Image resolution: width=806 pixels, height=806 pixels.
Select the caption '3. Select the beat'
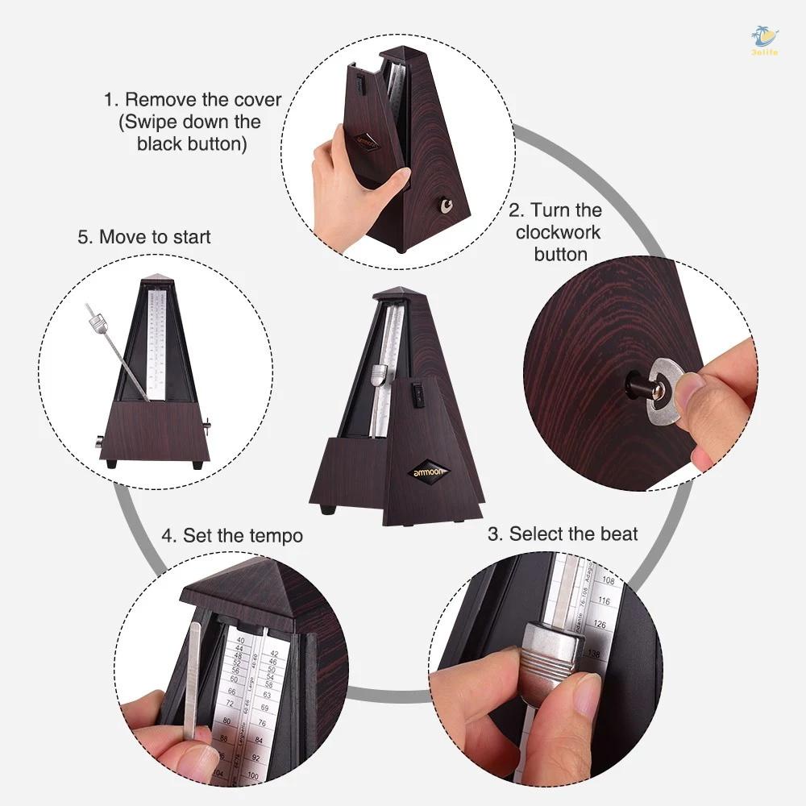(563, 534)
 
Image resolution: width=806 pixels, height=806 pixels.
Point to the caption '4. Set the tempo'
(232, 535)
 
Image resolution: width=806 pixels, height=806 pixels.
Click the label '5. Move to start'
(144, 237)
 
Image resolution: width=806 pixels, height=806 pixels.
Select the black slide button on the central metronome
(418, 393)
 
